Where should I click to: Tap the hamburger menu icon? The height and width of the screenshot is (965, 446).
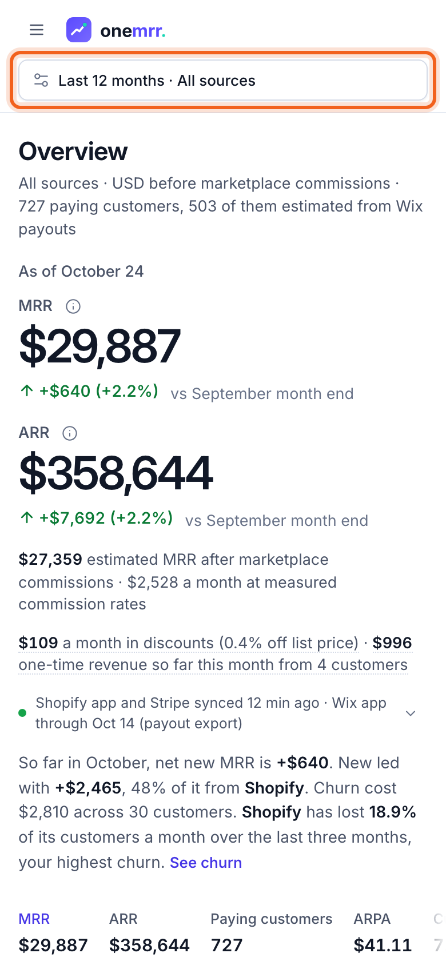[x=37, y=30]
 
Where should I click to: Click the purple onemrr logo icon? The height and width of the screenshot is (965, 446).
[x=79, y=30]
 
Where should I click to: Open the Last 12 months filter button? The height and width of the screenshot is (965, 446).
[x=223, y=80]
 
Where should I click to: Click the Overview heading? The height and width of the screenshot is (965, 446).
[x=73, y=151]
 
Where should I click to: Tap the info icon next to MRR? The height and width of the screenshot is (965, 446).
[x=73, y=306]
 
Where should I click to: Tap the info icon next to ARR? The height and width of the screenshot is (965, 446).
[x=70, y=433]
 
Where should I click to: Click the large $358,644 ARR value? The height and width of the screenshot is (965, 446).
[x=116, y=473]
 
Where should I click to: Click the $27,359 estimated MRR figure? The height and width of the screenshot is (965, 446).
[x=50, y=559]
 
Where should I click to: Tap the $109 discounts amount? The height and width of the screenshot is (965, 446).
[x=38, y=643]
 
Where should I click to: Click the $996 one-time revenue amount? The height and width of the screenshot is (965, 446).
[x=392, y=643]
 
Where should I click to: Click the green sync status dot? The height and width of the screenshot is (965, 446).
[x=22, y=713]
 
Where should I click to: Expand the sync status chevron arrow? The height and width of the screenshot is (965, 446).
[x=411, y=713]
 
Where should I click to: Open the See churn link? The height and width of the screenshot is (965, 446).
[x=206, y=863]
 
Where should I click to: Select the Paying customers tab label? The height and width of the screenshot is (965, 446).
[x=272, y=919]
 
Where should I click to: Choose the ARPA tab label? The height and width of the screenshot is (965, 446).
[x=372, y=919]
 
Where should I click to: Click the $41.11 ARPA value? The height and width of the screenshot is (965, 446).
[x=383, y=945]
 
